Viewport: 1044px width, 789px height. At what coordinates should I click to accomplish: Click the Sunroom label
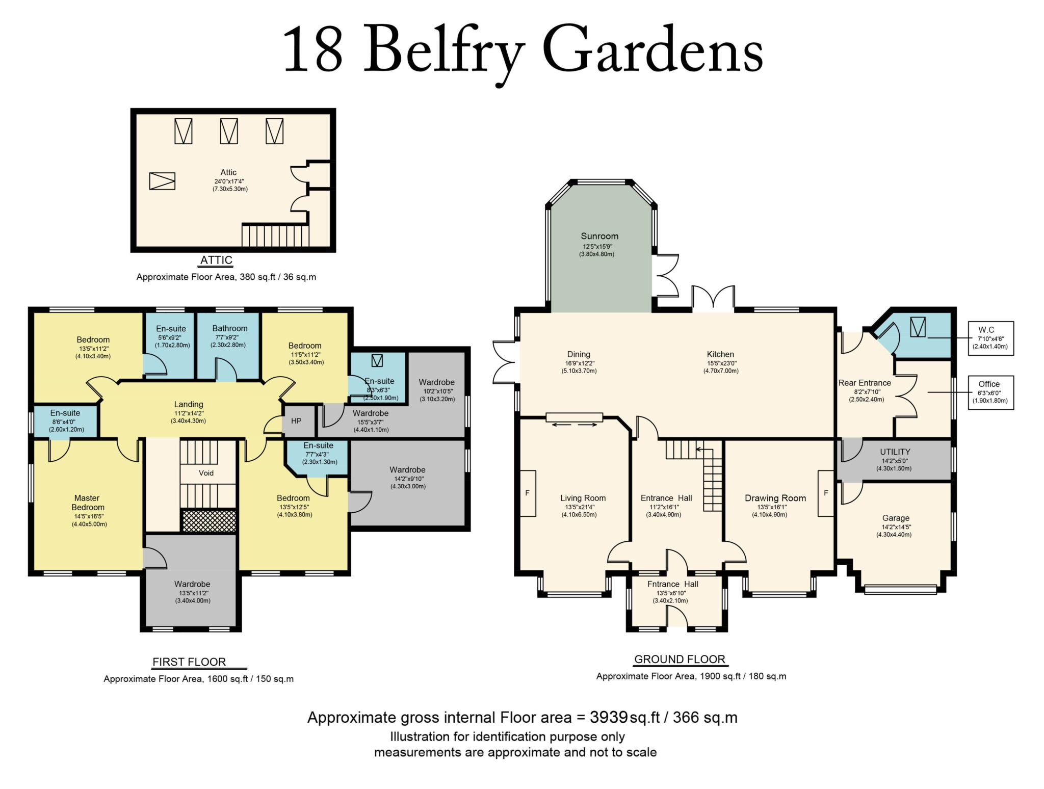point(599,236)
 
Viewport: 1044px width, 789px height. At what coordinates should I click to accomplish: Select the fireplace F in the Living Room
point(528,493)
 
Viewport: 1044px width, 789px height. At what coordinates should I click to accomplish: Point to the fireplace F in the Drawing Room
point(826,493)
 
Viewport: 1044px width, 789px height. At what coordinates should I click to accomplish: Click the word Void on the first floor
point(206,473)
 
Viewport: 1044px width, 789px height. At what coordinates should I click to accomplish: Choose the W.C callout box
point(990,338)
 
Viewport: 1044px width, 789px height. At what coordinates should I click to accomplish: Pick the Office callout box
point(990,392)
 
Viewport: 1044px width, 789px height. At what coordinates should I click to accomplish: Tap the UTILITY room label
point(895,452)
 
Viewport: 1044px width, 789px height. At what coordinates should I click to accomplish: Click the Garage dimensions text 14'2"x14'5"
point(894,527)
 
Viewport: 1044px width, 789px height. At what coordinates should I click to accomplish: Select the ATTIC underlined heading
point(216,260)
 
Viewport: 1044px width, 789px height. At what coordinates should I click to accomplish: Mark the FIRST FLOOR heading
point(189,662)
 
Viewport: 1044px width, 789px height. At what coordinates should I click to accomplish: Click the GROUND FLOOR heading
point(680,660)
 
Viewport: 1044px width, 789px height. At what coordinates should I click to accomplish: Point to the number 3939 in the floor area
point(608,717)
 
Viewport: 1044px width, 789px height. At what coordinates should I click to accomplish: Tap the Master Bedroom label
point(88,503)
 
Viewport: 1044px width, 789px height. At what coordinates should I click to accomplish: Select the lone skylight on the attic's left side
point(162,181)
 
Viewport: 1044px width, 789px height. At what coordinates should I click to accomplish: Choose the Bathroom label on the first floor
point(230,328)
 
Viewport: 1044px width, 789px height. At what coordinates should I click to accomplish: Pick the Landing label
point(189,404)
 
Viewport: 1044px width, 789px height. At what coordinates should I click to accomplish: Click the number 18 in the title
point(313,50)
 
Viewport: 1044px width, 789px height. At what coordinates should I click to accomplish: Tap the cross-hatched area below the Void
point(209,521)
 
